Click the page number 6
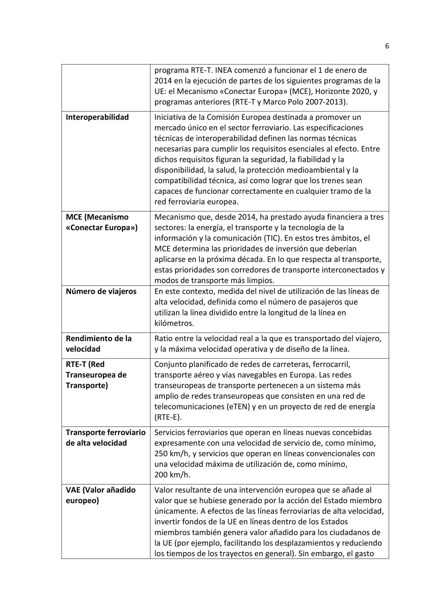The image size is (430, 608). click(x=387, y=46)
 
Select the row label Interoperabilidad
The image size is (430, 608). click(x=97, y=117)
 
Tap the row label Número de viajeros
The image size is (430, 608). click(x=101, y=291)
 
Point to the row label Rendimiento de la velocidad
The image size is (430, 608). click(x=98, y=344)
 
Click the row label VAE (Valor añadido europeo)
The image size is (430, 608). click(x=100, y=495)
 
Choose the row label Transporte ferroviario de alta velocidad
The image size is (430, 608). click(x=105, y=438)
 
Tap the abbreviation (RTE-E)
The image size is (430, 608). click(x=168, y=417)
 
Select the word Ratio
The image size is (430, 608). click(x=164, y=339)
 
